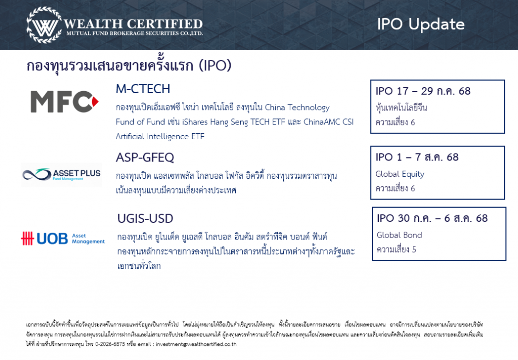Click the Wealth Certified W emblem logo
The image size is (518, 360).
pyautogui.click(x=44, y=25)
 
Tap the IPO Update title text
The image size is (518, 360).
pyautogui.click(x=421, y=24)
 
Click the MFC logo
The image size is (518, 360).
pyautogui.click(x=64, y=101)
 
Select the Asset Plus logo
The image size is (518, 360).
pyautogui.click(x=61, y=175)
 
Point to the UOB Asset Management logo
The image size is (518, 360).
pyautogui.click(x=63, y=238)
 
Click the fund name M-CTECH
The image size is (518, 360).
pyautogui.click(x=143, y=89)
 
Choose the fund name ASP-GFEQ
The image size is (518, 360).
pyautogui.click(x=145, y=157)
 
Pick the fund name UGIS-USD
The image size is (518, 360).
pyautogui.click(x=145, y=219)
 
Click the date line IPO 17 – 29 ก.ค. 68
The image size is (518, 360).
pyautogui.click(x=423, y=91)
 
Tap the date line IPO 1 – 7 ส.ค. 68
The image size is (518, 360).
pyautogui.click(x=417, y=157)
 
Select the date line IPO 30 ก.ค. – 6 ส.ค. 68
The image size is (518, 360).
pyautogui.click(x=432, y=218)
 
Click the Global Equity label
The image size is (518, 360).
pyautogui.click(x=400, y=174)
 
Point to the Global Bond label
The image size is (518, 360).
pyautogui.click(x=399, y=235)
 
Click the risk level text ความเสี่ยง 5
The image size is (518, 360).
pyautogui.click(x=397, y=249)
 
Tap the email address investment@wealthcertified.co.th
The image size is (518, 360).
pyautogui.click(x=196, y=344)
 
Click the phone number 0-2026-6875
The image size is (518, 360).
pyautogui.click(x=110, y=344)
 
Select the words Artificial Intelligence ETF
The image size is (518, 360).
pyautogui.click(x=160, y=137)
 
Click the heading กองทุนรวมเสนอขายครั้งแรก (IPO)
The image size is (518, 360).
pyautogui.click(x=129, y=65)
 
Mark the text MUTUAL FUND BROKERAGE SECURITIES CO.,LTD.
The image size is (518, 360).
pyautogui.click(x=135, y=33)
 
